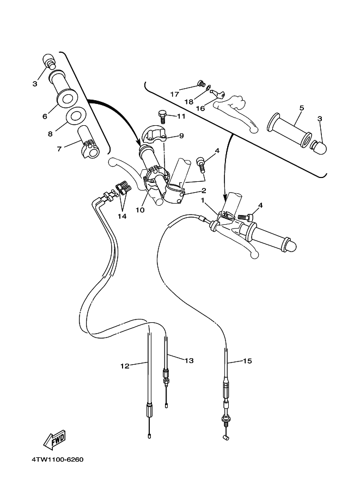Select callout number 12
(x=125, y=366)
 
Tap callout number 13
(x=189, y=360)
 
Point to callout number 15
(x=247, y=360)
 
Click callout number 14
(x=122, y=216)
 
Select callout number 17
(x=174, y=94)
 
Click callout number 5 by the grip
(x=301, y=108)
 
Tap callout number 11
(x=181, y=116)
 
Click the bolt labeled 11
(x=162, y=115)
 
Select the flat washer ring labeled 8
(x=75, y=116)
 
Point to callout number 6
(x=45, y=116)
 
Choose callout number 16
(x=199, y=108)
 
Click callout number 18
(x=188, y=101)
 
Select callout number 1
(x=203, y=200)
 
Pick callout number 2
(x=203, y=191)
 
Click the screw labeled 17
(x=200, y=84)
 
